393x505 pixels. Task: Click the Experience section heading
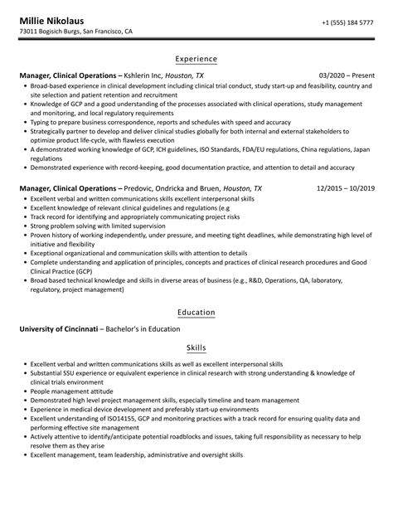tap(196, 59)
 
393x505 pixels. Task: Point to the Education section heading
tap(196, 312)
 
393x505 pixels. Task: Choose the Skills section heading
tap(196, 347)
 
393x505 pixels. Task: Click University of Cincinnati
tap(59, 328)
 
